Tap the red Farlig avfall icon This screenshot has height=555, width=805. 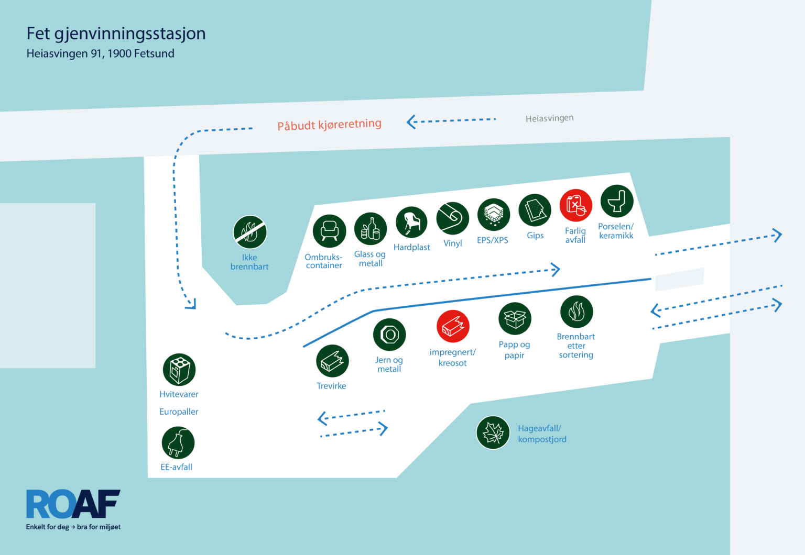point(576,205)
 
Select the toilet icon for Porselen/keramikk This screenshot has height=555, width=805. point(617,201)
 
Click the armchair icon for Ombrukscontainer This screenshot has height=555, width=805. point(329,231)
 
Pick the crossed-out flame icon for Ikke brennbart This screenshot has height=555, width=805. point(250,232)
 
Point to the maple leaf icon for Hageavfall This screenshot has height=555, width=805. point(493,432)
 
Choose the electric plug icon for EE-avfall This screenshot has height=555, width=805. point(178,442)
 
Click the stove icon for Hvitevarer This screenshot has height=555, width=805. point(179,370)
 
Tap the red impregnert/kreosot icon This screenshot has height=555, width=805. point(453,326)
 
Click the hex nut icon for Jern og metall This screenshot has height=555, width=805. point(389,335)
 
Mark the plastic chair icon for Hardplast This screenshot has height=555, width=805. point(411,223)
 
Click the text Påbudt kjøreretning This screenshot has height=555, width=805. point(329,125)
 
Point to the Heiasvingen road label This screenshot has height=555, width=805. point(549,118)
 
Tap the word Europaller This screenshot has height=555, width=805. point(179,412)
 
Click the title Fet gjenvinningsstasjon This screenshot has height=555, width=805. point(116,34)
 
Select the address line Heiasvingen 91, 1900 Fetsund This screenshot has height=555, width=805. point(100,53)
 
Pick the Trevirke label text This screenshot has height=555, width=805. point(331,386)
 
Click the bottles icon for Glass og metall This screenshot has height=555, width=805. point(371,229)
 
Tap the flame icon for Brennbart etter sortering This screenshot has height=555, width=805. point(577,312)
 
